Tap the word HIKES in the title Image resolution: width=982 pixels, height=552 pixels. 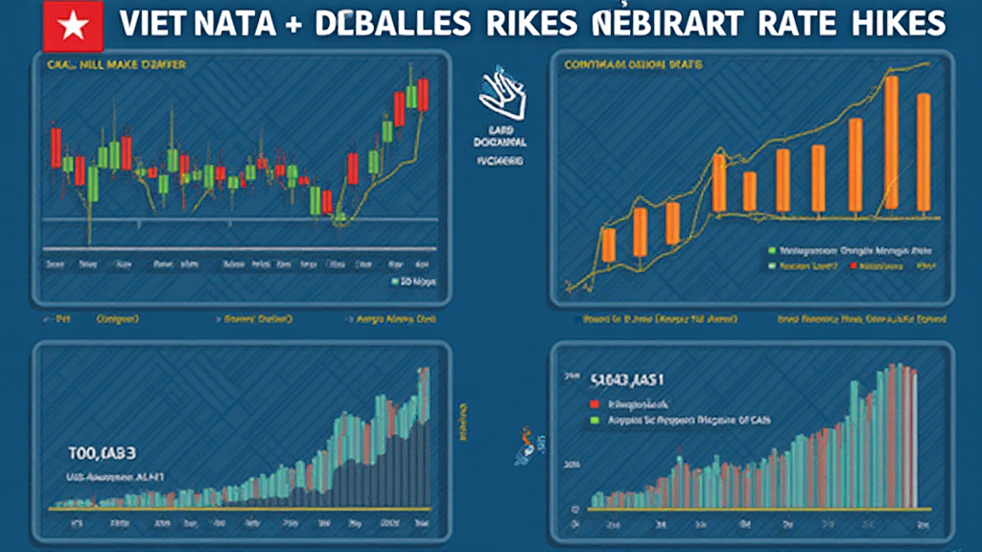pyautogui.click(x=894, y=24)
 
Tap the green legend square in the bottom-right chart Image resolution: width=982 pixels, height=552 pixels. pyautogui.click(x=596, y=420)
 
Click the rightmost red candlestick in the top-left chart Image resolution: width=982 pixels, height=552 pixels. pyautogui.click(x=423, y=97)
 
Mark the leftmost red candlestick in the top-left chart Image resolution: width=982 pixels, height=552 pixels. pyautogui.click(x=56, y=149)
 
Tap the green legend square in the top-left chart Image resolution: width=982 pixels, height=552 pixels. pyautogui.click(x=394, y=282)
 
